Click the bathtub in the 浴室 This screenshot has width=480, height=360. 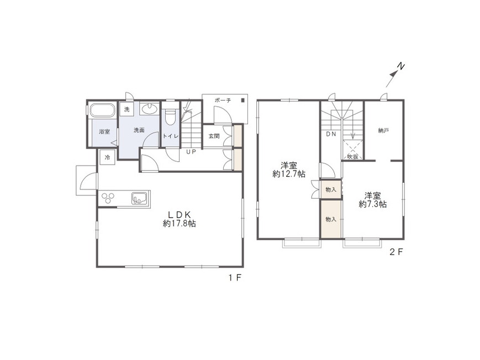pos(102,110)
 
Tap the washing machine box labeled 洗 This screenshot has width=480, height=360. pos(126,109)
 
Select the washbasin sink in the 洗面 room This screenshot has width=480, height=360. pos(149,109)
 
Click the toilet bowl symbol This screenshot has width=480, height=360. pos(170,117)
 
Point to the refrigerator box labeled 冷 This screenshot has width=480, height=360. pos(107,158)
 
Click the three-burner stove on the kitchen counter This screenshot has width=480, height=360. pos(108,198)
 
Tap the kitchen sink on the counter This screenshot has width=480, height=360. pos(141,198)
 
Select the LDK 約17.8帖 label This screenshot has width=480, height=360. pos(180,219)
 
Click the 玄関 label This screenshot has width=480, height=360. pos(214,136)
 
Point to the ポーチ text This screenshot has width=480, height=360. pos(223,100)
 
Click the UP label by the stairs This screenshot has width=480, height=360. pos(191,151)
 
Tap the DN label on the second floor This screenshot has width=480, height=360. pos(331,134)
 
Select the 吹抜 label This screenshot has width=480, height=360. pos(353,157)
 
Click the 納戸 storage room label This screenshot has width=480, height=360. pos(383,131)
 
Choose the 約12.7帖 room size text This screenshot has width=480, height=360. pos(289,174)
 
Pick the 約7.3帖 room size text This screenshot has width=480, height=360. pos(372,204)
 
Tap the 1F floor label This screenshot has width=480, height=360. pos(235,278)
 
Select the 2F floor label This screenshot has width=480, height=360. pos(396,252)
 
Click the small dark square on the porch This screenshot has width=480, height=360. pos(242,100)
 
